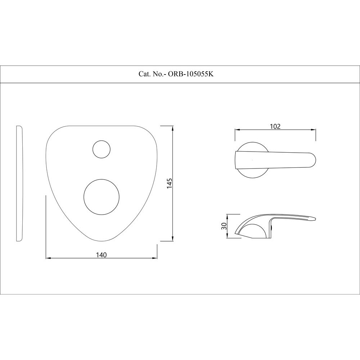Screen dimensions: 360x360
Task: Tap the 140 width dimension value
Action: [101, 255]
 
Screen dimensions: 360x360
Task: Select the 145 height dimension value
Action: [170, 184]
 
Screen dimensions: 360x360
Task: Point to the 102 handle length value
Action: [275, 126]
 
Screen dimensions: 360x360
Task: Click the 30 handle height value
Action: [224, 226]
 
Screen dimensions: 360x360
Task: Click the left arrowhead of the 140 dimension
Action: [48, 258]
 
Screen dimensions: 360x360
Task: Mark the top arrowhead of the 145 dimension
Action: [173, 128]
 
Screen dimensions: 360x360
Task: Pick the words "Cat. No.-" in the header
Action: [151, 74]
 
